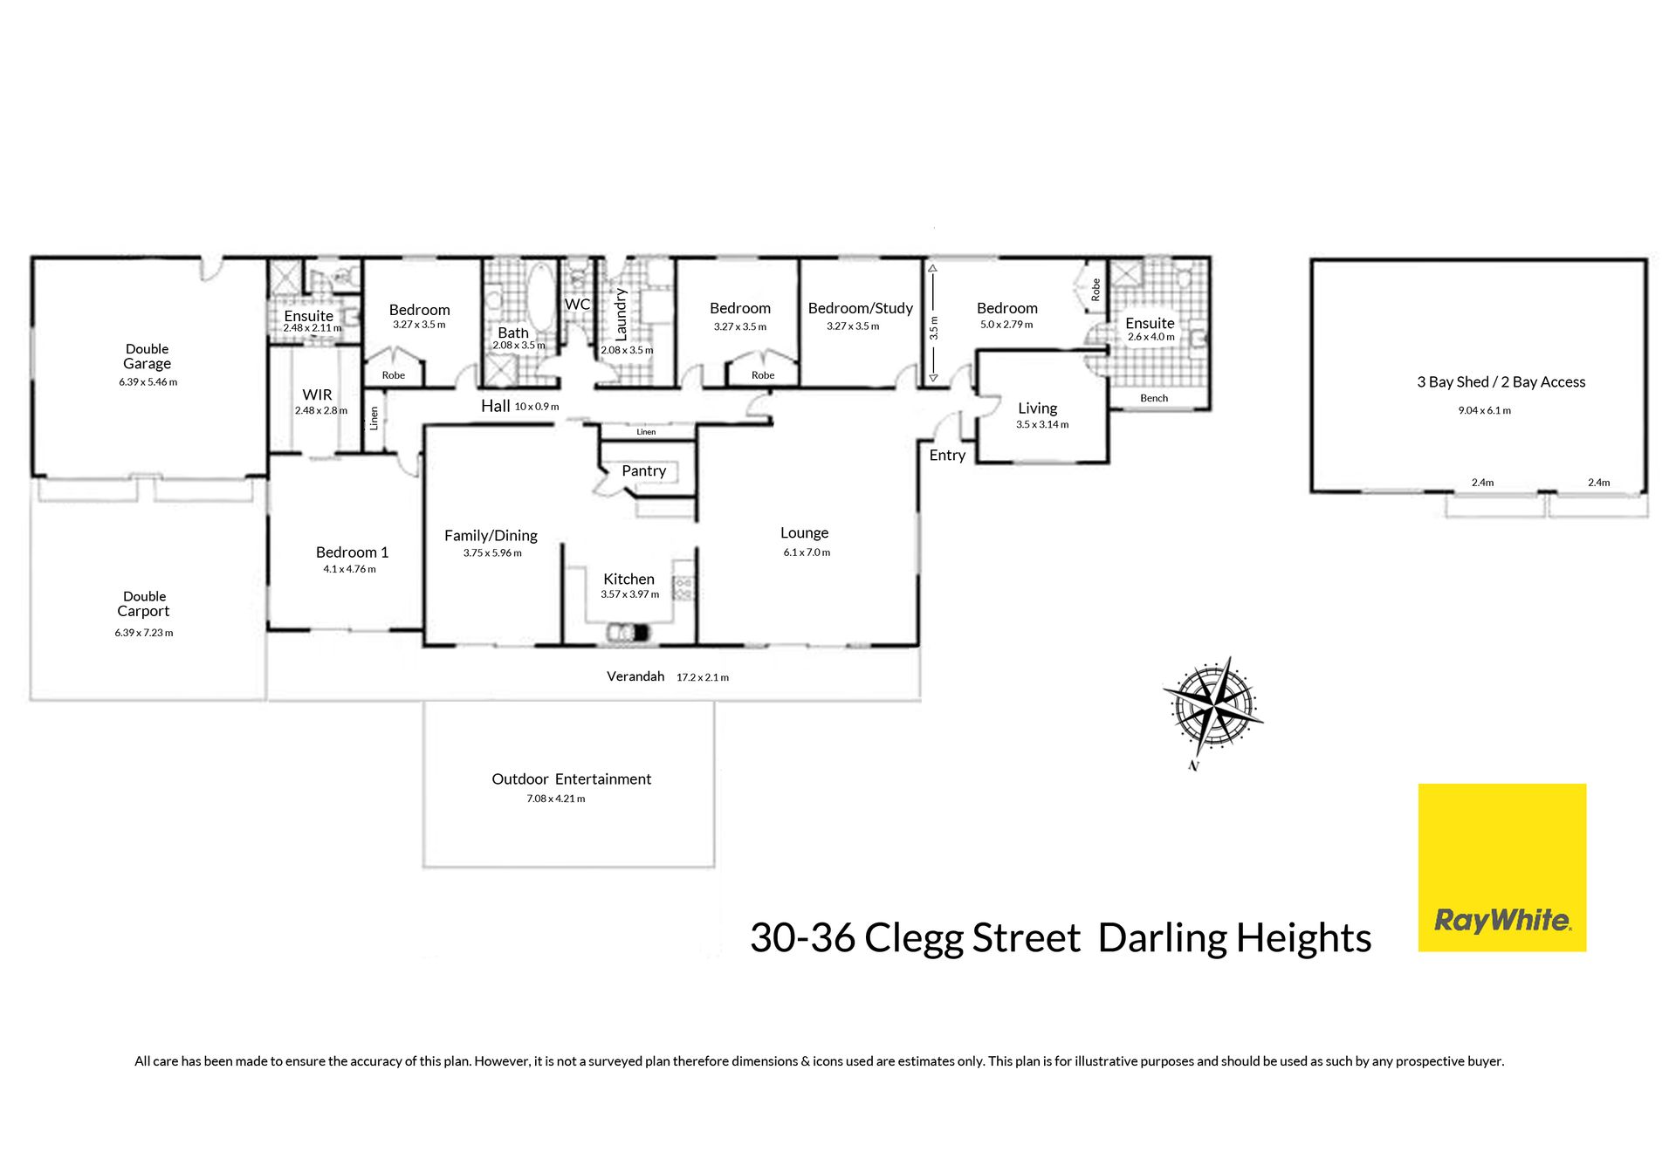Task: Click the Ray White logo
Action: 1501,868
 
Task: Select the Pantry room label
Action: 644,471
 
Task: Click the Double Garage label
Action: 147,356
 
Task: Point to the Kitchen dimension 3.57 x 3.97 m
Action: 629,594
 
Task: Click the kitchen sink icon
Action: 628,631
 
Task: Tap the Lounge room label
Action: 804,533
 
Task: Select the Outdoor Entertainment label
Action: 571,779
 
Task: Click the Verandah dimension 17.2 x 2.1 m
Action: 702,677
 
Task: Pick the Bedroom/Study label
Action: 861,308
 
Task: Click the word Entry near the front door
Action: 947,456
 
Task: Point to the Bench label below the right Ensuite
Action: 1154,398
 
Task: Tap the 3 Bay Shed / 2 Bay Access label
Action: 1501,382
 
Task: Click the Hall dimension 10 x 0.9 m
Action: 537,407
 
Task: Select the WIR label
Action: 317,395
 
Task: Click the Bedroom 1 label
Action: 352,552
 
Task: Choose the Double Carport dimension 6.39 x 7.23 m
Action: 144,633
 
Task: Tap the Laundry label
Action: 621,313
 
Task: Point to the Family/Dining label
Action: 491,536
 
